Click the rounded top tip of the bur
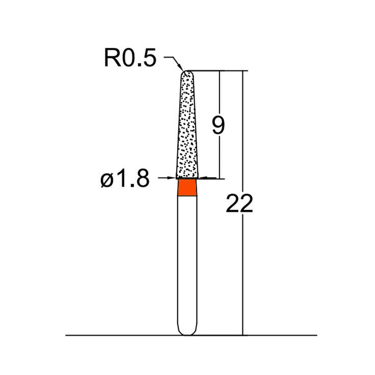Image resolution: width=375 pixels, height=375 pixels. click(187, 73)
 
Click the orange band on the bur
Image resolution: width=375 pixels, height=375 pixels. click(187, 188)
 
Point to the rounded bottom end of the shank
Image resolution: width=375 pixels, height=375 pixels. click(187, 332)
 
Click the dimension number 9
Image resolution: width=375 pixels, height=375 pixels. click(218, 126)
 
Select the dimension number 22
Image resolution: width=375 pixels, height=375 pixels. click(239, 204)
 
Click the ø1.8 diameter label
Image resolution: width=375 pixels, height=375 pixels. click(125, 179)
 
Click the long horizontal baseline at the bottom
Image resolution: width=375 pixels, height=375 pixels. click(117, 336)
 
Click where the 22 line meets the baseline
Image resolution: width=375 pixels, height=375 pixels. click(243, 336)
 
